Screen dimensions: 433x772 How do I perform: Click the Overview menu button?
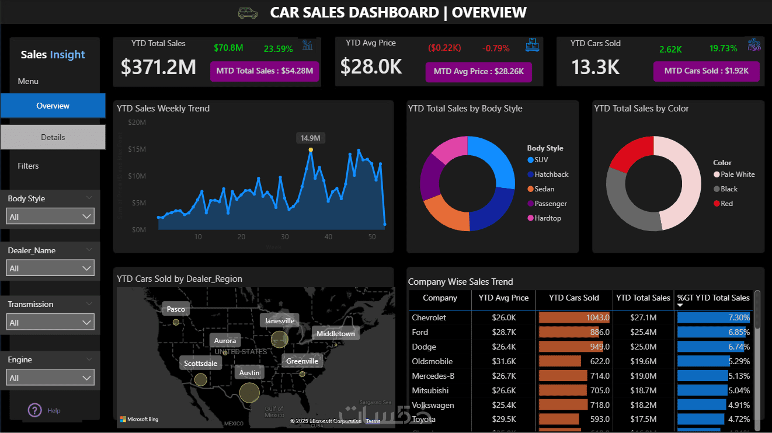[53, 106]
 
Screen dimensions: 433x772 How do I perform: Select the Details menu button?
[53, 137]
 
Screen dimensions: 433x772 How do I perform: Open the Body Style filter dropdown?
[51, 217]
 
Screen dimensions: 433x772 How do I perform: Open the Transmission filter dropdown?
[51, 323]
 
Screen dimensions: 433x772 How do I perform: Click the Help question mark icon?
[35, 410]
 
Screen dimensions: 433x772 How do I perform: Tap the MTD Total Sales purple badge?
[265, 71]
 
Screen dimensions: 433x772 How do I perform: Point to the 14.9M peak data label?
[310, 138]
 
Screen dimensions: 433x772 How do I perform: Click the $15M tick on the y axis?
[137, 149]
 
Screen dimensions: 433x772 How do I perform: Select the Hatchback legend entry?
[551, 174]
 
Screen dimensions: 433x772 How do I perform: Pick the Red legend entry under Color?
[726, 204]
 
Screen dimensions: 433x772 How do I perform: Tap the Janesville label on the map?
[280, 321]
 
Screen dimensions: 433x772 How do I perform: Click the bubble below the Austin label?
[249, 392]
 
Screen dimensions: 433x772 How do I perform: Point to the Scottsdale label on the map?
[200, 364]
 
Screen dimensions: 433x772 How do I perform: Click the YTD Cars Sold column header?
[573, 298]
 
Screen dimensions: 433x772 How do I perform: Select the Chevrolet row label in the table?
[429, 318]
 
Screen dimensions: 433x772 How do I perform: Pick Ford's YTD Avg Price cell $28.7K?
[503, 333]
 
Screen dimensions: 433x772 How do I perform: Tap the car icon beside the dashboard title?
[248, 13]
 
